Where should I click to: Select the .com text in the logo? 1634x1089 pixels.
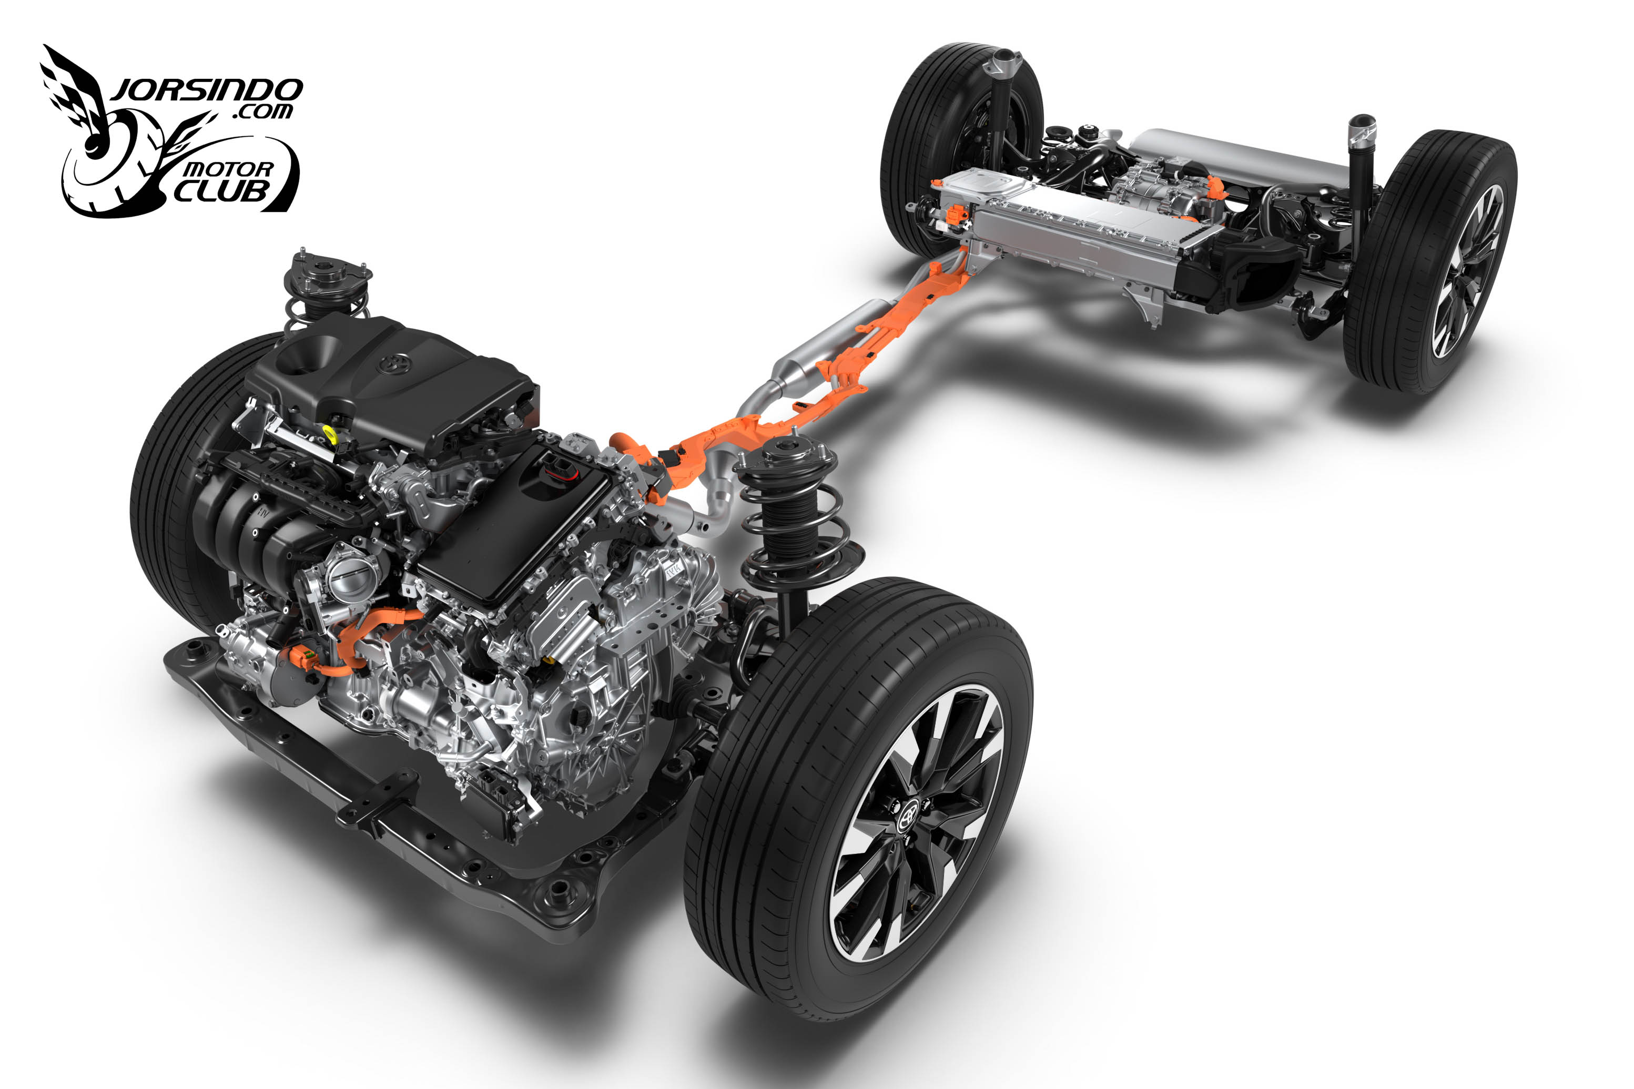coord(262,111)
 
